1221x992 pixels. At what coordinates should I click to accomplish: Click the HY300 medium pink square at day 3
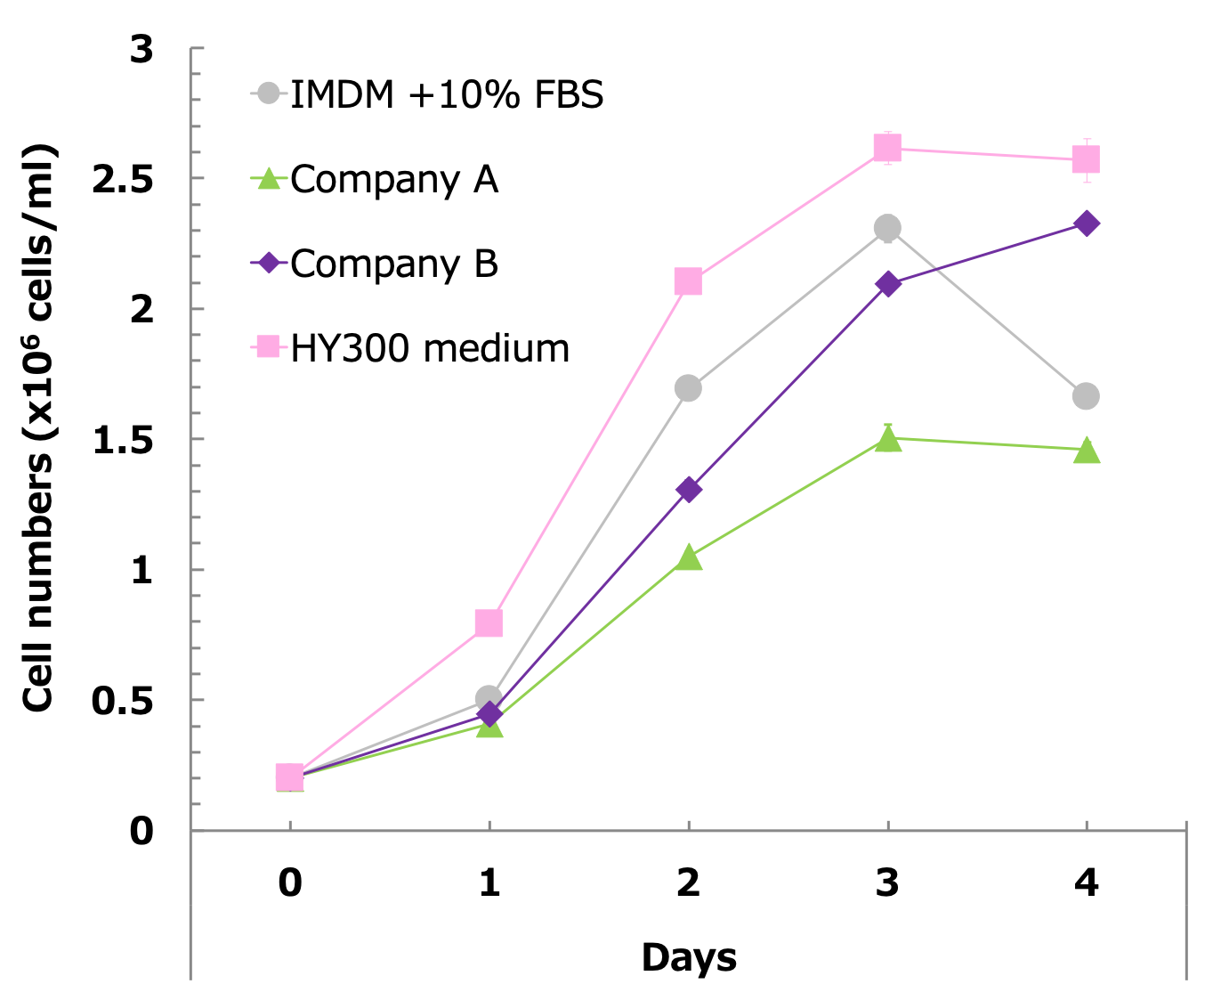tap(887, 148)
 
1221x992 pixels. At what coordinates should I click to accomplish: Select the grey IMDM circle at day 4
tap(1086, 396)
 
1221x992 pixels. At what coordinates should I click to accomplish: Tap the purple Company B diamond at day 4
tap(1086, 224)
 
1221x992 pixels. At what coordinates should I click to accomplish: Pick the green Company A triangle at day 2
tap(688, 558)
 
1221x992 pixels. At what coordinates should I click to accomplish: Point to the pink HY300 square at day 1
tap(489, 622)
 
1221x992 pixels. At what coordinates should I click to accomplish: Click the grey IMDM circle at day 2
tap(688, 388)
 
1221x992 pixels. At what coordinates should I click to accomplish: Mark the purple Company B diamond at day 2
tap(688, 490)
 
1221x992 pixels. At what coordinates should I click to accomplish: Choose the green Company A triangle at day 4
tap(1087, 451)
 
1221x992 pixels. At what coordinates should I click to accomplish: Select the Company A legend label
tap(393, 179)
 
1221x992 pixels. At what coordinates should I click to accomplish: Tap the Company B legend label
tap(393, 264)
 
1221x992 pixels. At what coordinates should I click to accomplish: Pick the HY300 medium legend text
tap(430, 348)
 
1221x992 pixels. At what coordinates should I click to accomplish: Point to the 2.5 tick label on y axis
tap(123, 179)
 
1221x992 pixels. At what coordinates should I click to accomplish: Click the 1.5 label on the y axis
tap(123, 440)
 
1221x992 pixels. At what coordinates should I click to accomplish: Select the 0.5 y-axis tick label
tap(123, 701)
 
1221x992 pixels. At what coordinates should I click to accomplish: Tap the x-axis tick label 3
tap(887, 882)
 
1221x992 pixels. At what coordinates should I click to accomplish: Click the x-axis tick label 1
tap(489, 882)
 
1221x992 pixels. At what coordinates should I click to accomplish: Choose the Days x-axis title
tap(689, 957)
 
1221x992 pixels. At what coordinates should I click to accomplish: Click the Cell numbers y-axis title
tap(39, 427)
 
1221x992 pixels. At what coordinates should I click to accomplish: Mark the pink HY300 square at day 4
tap(1086, 159)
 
